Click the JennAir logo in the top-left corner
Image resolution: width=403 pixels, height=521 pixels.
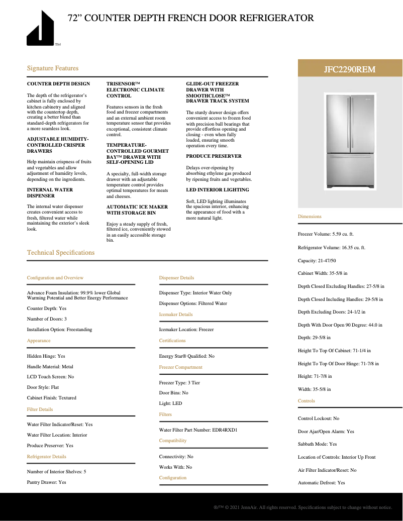pos(41,29)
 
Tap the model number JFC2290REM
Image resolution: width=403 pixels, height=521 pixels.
pos(350,69)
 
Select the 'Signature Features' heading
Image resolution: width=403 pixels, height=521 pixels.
pos(53,68)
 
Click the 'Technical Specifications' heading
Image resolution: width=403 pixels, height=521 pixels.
pos(61,253)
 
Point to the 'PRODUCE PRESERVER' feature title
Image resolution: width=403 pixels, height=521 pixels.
pos(214,156)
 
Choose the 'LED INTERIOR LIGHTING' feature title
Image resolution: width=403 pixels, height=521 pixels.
pos(217,190)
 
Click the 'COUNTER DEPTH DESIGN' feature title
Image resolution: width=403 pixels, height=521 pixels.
pos(58,84)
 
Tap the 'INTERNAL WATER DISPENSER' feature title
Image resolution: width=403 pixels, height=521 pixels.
pos(50,192)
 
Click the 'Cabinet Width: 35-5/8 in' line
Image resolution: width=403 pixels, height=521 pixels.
pos(323,273)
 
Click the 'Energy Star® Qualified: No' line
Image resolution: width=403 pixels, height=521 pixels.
pos(186,356)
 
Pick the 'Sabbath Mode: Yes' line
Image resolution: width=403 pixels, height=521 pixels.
pos(317,444)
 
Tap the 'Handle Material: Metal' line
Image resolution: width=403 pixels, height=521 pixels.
pos(50,367)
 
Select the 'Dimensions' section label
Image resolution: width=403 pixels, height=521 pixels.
pos(310,217)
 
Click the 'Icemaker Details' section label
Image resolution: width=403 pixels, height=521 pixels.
pos(176,315)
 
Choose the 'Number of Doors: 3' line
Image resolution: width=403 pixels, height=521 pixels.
pos(47,319)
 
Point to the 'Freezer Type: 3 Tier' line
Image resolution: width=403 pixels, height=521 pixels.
pos(179,383)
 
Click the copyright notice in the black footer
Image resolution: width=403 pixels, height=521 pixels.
pos(303,508)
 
